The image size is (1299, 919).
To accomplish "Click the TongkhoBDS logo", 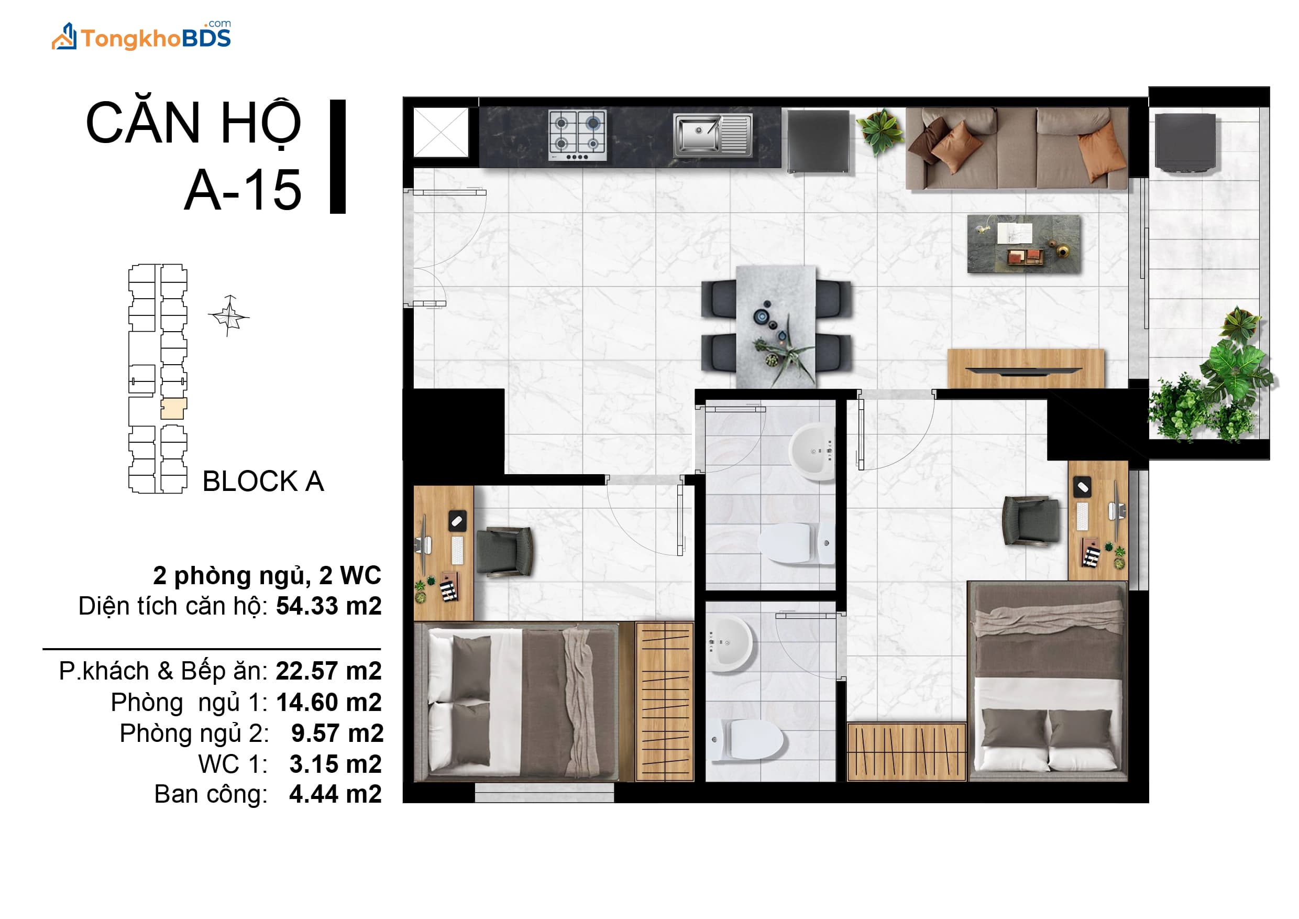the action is point(141,36).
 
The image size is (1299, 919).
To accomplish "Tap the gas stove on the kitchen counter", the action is point(577,135).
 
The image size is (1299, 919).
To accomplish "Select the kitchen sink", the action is point(713,135).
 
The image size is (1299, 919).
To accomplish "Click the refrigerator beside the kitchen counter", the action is point(819,141).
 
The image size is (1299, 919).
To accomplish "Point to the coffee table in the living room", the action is point(1023,243).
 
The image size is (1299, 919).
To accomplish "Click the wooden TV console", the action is point(1026,368).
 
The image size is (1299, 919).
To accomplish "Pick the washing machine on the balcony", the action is point(1185,142).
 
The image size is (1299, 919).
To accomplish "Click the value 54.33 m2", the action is point(329,606).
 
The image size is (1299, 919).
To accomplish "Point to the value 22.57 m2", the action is point(329,671).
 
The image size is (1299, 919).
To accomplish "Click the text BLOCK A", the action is point(263,482).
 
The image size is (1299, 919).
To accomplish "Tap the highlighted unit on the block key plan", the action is point(173,409).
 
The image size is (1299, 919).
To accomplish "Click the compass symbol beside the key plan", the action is point(228,316).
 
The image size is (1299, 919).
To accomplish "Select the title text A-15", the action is point(243,190).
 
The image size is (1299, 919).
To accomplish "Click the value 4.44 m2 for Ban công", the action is point(336,794).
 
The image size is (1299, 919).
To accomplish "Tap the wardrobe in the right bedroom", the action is point(906,751).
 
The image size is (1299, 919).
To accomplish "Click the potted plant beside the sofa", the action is point(880,130).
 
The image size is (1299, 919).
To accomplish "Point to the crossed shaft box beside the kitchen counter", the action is point(441,132).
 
